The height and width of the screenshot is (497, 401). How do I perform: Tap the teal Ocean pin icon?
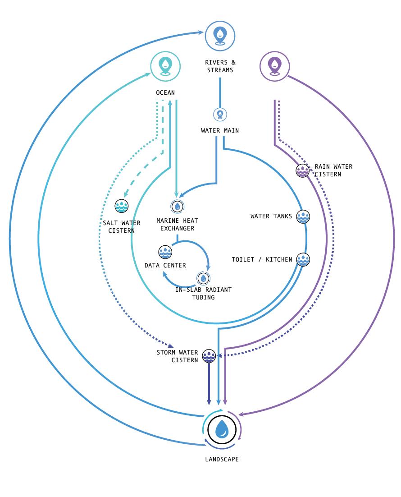click(166, 66)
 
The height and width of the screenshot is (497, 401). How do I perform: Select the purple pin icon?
click(274, 66)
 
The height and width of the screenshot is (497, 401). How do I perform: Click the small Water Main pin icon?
click(220, 114)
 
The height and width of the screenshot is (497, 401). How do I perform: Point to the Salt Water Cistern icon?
click(122, 206)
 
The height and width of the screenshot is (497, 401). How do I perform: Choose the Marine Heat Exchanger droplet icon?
click(178, 207)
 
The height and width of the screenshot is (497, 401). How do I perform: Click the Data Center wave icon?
click(165, 252)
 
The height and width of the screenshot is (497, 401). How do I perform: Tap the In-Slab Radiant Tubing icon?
click(204, 278)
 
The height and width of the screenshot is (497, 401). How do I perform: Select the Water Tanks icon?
click(303, 216)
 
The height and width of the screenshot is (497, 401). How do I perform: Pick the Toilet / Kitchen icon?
click(303, 259)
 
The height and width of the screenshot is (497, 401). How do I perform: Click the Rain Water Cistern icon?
click(303, 170)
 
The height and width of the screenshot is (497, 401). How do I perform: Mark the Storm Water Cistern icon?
click(209, 356)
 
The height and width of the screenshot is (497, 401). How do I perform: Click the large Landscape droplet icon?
click(222, 429)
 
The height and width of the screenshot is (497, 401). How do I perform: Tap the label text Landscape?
click(222, 459)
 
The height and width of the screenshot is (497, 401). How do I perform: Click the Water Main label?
click(220, 131)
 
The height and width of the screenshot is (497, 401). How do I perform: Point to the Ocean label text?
click(165, 93)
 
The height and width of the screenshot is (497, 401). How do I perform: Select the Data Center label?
click(165, 266)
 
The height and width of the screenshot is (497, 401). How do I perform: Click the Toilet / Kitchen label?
click(262, 260)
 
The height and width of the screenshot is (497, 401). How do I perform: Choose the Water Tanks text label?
click(271, 216)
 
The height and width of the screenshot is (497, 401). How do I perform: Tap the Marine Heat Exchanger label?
click(177, 225)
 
